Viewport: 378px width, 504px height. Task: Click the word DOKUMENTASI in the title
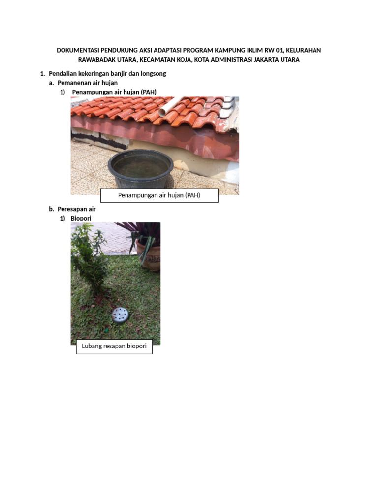(78, 50)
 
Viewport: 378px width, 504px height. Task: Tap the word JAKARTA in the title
(266, 60)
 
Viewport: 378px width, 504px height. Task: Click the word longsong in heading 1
(154, 74)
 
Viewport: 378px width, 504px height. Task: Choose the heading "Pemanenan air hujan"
(88, 83)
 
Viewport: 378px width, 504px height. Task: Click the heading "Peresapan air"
(76, 209)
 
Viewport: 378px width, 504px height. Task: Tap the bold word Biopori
(81, 218)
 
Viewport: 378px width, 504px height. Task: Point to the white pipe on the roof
(170, 106)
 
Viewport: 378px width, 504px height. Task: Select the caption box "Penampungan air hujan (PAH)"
(159, 195)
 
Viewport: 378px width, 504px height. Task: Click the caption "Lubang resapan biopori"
(114, 346)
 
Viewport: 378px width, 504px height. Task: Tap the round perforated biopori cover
(121, 315)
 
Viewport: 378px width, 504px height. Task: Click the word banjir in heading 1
(119, 74)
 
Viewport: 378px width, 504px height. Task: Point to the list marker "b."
(51, 209)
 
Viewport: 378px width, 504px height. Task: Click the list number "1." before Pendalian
(42, 74)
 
